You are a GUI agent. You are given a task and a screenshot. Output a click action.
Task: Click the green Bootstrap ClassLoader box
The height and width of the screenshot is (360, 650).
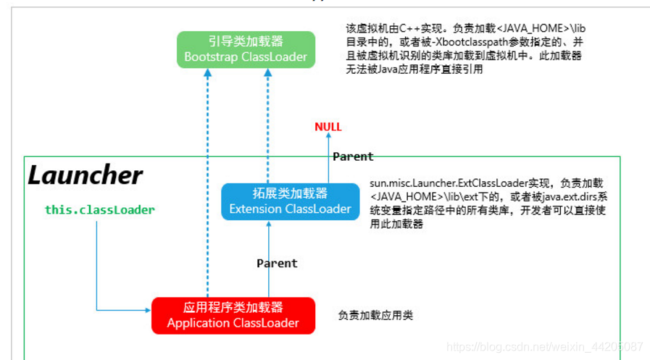tap(246, 49)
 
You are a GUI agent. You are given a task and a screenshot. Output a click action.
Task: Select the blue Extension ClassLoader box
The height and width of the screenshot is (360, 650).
tap(290, 201)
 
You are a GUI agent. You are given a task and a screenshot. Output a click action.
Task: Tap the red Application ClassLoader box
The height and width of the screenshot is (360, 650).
tap(233, 315)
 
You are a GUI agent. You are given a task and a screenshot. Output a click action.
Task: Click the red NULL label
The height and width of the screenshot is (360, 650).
tap(328, 127)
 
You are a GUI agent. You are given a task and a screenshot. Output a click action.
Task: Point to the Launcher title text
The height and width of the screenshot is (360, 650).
tap(85, 175)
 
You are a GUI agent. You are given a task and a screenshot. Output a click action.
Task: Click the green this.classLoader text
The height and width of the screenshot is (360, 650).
tap(99, 209)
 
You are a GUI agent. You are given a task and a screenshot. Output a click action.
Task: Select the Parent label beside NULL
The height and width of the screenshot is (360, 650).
tap(352, 156)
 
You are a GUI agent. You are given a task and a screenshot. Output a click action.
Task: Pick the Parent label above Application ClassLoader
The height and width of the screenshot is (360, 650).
tap(277, 263)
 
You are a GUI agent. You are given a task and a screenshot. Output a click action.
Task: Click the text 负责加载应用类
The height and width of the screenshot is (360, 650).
tap(375, 316)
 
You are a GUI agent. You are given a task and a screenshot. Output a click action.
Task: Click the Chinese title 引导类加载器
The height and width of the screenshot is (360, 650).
tap(246, 42)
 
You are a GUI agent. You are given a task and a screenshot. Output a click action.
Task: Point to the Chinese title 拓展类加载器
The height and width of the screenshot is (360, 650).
tap(290, 193)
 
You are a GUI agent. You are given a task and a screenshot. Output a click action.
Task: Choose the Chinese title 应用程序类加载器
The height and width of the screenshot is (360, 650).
tap(233, 307)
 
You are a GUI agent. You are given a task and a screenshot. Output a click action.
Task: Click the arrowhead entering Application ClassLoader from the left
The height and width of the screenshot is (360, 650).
tap(148, 311)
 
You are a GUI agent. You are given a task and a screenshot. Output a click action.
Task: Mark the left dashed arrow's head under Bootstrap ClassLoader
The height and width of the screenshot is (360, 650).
tap(207, 72)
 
